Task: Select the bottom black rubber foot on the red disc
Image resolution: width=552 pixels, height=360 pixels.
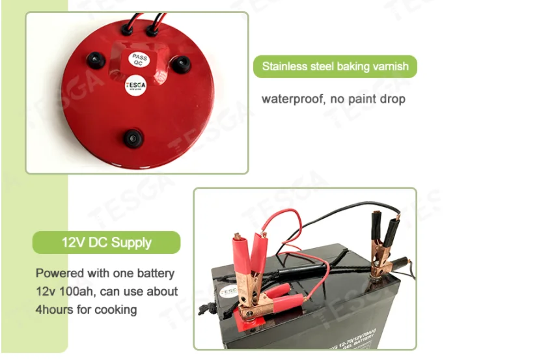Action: pos(134,137)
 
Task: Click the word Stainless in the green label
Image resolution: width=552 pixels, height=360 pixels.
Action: pos(283,66)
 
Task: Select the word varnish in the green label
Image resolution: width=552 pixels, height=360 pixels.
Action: pos(391,66)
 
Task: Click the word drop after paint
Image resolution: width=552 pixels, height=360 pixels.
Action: pos(393,99)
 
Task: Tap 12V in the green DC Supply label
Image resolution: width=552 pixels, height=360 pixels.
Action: pos(73,243)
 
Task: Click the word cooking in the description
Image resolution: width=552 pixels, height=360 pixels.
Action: pos(117,309)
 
